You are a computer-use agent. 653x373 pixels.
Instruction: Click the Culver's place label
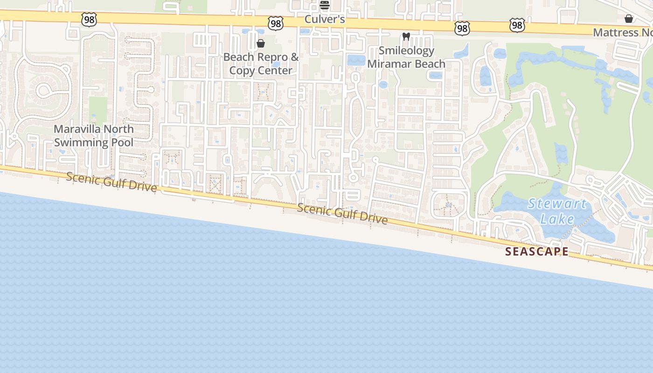coord(324,19)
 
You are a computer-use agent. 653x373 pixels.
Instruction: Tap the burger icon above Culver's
coord(324,5)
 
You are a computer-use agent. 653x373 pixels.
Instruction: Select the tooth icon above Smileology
coord(406,36)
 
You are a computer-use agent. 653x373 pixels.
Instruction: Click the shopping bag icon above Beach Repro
coord(261,43)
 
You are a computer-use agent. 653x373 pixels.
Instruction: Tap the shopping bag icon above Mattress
coord(629,19)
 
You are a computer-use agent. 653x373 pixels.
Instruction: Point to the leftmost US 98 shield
coord(89,20)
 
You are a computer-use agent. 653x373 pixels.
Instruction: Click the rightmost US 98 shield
coord(517,25)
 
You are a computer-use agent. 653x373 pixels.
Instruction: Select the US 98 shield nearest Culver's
coord(276,23)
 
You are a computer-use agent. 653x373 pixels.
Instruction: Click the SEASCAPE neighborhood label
coord(537,252)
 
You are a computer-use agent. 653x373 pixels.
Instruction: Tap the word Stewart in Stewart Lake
coord(557,204)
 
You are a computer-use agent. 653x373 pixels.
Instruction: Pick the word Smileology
coord(406,50)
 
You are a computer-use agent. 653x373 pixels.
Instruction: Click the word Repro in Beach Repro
coord(272,57)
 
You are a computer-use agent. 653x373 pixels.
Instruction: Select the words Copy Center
coord(261,70)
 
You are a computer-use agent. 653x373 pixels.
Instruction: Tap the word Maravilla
coord(80,129)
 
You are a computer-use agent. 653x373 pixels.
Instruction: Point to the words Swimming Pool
coord(94,142)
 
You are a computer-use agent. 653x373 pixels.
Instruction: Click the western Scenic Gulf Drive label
coord(111,181)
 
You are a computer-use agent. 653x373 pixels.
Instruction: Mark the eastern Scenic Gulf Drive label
coord(342,214)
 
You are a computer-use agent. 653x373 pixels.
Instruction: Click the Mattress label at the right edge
coord(622,33)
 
